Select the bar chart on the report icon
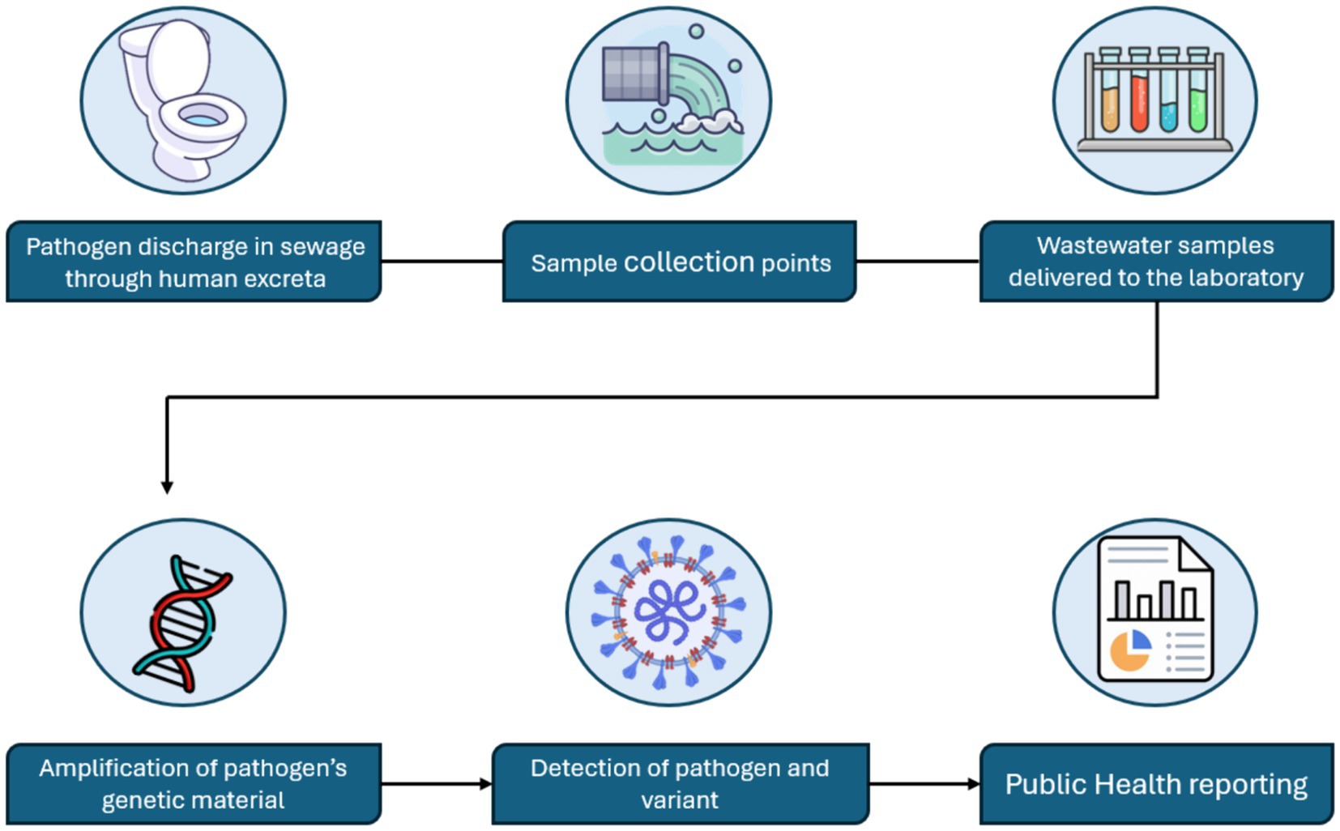tap(1155, 599)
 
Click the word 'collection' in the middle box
tap(689, 262)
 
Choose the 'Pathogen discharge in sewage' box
tap(194, 262)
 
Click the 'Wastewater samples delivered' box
tap(1156, 262)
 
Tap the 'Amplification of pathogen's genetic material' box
tap(194, 784)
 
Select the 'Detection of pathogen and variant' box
tap(680, 784)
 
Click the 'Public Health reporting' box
tap(1156, 784)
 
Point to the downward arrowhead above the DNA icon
tap(167, 487)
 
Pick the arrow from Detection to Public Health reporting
tap(924, 784)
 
